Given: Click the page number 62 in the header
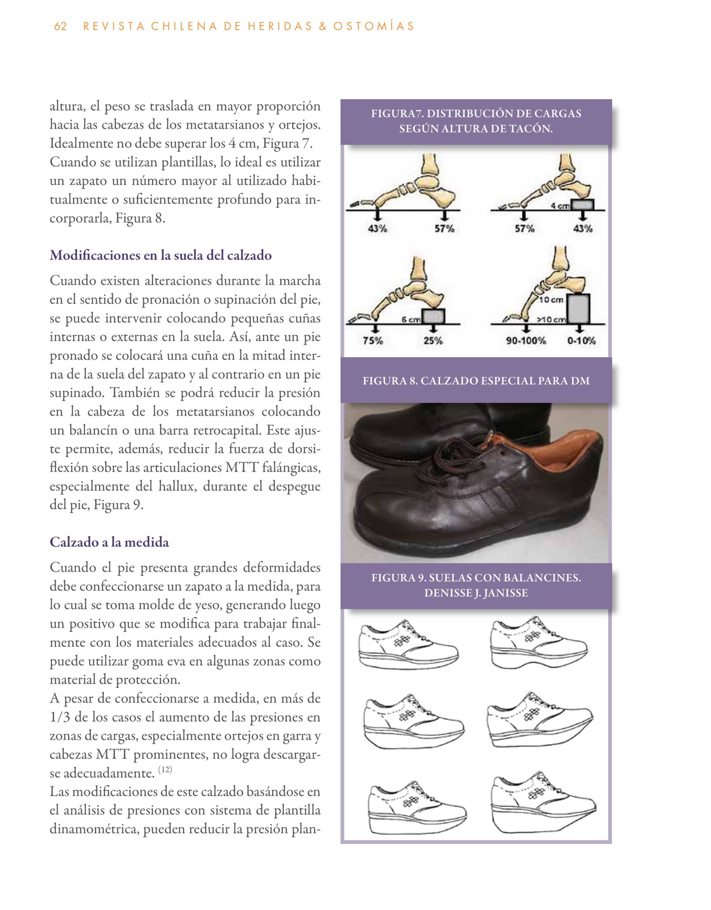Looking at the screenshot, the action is pyautogui.click(x=60, y=26).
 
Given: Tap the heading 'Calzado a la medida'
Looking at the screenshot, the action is pyautogui.click(x=109, y=542).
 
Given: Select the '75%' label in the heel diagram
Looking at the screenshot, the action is pyautogui.click(x=373, y=341).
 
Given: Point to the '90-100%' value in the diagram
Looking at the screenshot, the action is pyautogui.click(x=526, y=341).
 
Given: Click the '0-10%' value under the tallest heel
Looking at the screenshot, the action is pyautogui.click(x=581, y=341).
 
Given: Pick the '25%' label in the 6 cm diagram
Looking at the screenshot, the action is pyautogui.click(x=433, y=341).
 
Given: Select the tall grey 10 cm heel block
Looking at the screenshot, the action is pyautogui.click(x=578, y=309).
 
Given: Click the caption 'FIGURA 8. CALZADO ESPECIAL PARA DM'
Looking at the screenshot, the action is pyautogui.click(x=476, y=380).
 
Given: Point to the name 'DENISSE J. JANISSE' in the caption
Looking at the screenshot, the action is pyautogui.click(x=476, y=593).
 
